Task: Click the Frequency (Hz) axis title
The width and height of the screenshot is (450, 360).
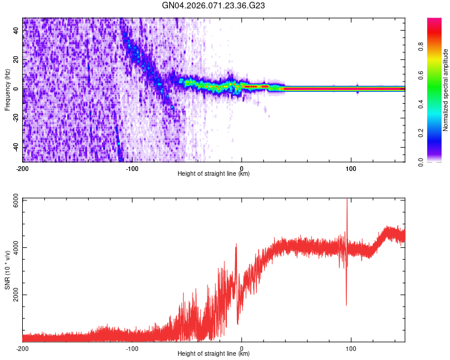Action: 7,90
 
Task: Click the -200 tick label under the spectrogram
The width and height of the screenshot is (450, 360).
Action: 23,167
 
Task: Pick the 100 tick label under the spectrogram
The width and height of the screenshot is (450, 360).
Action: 351,167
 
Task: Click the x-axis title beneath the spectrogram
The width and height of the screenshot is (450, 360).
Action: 214,174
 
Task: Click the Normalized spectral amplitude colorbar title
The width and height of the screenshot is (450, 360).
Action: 446,90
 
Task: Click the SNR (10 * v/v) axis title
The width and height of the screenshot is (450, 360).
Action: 7,270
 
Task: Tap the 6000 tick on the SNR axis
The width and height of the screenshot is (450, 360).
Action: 14,199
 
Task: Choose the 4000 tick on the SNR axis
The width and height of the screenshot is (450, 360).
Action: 14,247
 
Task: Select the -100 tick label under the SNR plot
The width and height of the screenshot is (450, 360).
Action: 132,348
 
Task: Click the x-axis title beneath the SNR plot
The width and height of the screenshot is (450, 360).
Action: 214,354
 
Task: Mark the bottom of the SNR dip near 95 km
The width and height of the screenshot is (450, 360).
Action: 346,305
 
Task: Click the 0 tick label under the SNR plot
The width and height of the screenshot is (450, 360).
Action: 242,348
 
